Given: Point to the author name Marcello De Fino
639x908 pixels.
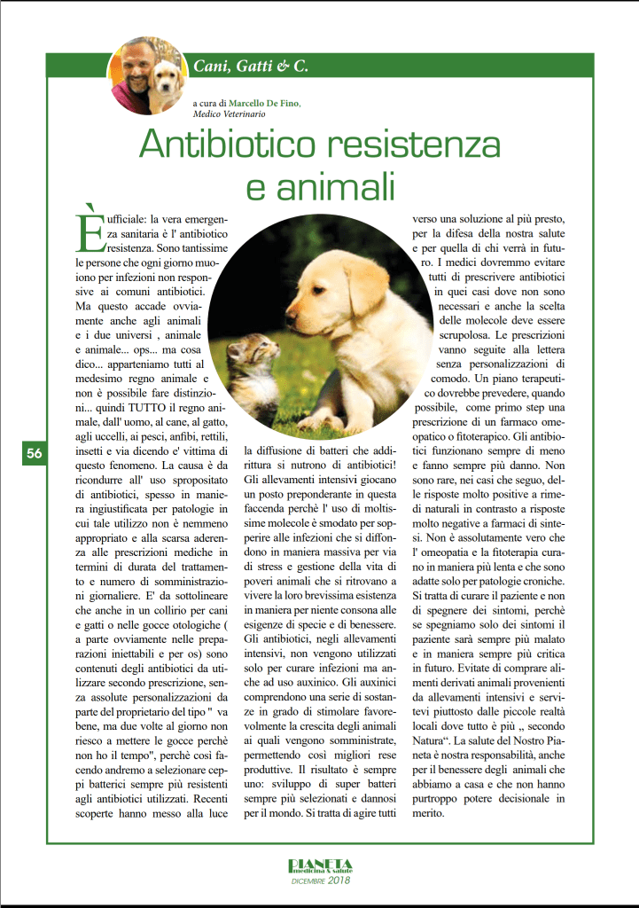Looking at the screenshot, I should [x=263, y=103].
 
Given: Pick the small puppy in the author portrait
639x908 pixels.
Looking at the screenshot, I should [x=166, y=81].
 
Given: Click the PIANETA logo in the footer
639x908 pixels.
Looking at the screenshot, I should [x=320, y=866].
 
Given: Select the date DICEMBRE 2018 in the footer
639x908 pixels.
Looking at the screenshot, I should [x=321, y=880].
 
